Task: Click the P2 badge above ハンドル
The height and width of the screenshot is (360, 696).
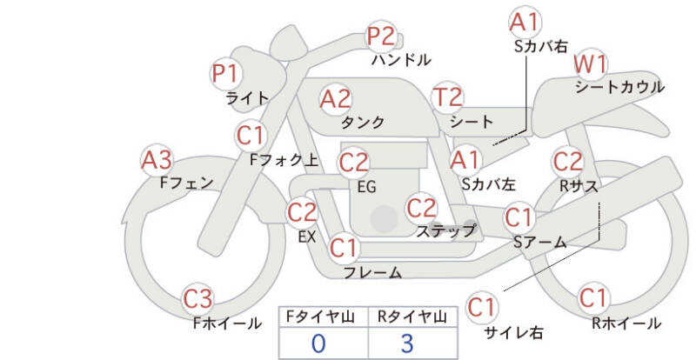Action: pyautogui.click(x=380, y=37)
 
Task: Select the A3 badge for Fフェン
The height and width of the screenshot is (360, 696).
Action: pyautogui.click(x=157, y=160)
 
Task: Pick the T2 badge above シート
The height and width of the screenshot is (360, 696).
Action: pyautogui.click(x=448, y=98)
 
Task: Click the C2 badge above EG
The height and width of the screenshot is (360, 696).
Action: pyautogui.click(x=354, y=162)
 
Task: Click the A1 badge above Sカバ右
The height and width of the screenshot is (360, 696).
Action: pyautogui.click(x=524, y=21)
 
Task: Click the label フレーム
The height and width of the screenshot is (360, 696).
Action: pyautogui.click(x=372, y=272)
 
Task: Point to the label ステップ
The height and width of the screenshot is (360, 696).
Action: pyautogui.click(x=446, y=230)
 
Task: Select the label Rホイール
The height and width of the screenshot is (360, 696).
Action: pyautogui.click(x=626, y=323)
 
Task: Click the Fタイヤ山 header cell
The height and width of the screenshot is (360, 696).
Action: pyautogui.click(x=318, y=317)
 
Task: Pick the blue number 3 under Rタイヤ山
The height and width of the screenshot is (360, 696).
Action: pyautogui.click(x=406, y=343)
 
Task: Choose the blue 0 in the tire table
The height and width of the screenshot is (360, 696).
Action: pyautogui.click(x=318, y=343)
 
